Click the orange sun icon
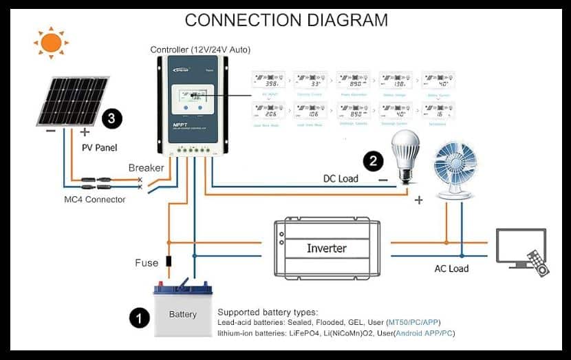(x=51, y=43)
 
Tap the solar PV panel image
(x=73, y=100)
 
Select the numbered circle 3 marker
(x=112, y=119)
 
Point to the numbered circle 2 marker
(x=373, y=162)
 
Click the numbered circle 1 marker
(x=140, y=317)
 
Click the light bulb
(x=405, y=156)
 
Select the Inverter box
(x=327, y=248)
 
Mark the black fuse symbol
(x=168, y=262)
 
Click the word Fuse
(x=147, y=263)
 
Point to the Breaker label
(x=146, y=168)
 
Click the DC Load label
(x=341, y=178)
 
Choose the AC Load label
(x=451, y=268)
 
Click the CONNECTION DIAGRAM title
(x=286, y=20)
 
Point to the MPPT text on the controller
(x=180, y=125)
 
